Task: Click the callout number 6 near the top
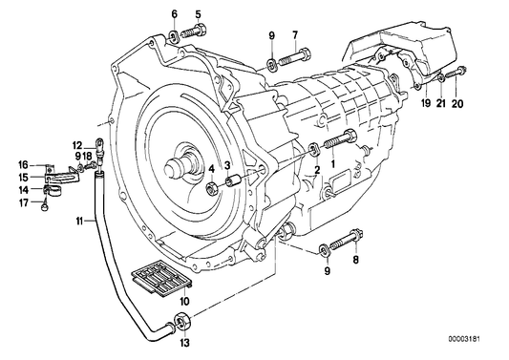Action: pyautogui.click(x=174, y=13)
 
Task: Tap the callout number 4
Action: pyautogui.click(x=211, y=168)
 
